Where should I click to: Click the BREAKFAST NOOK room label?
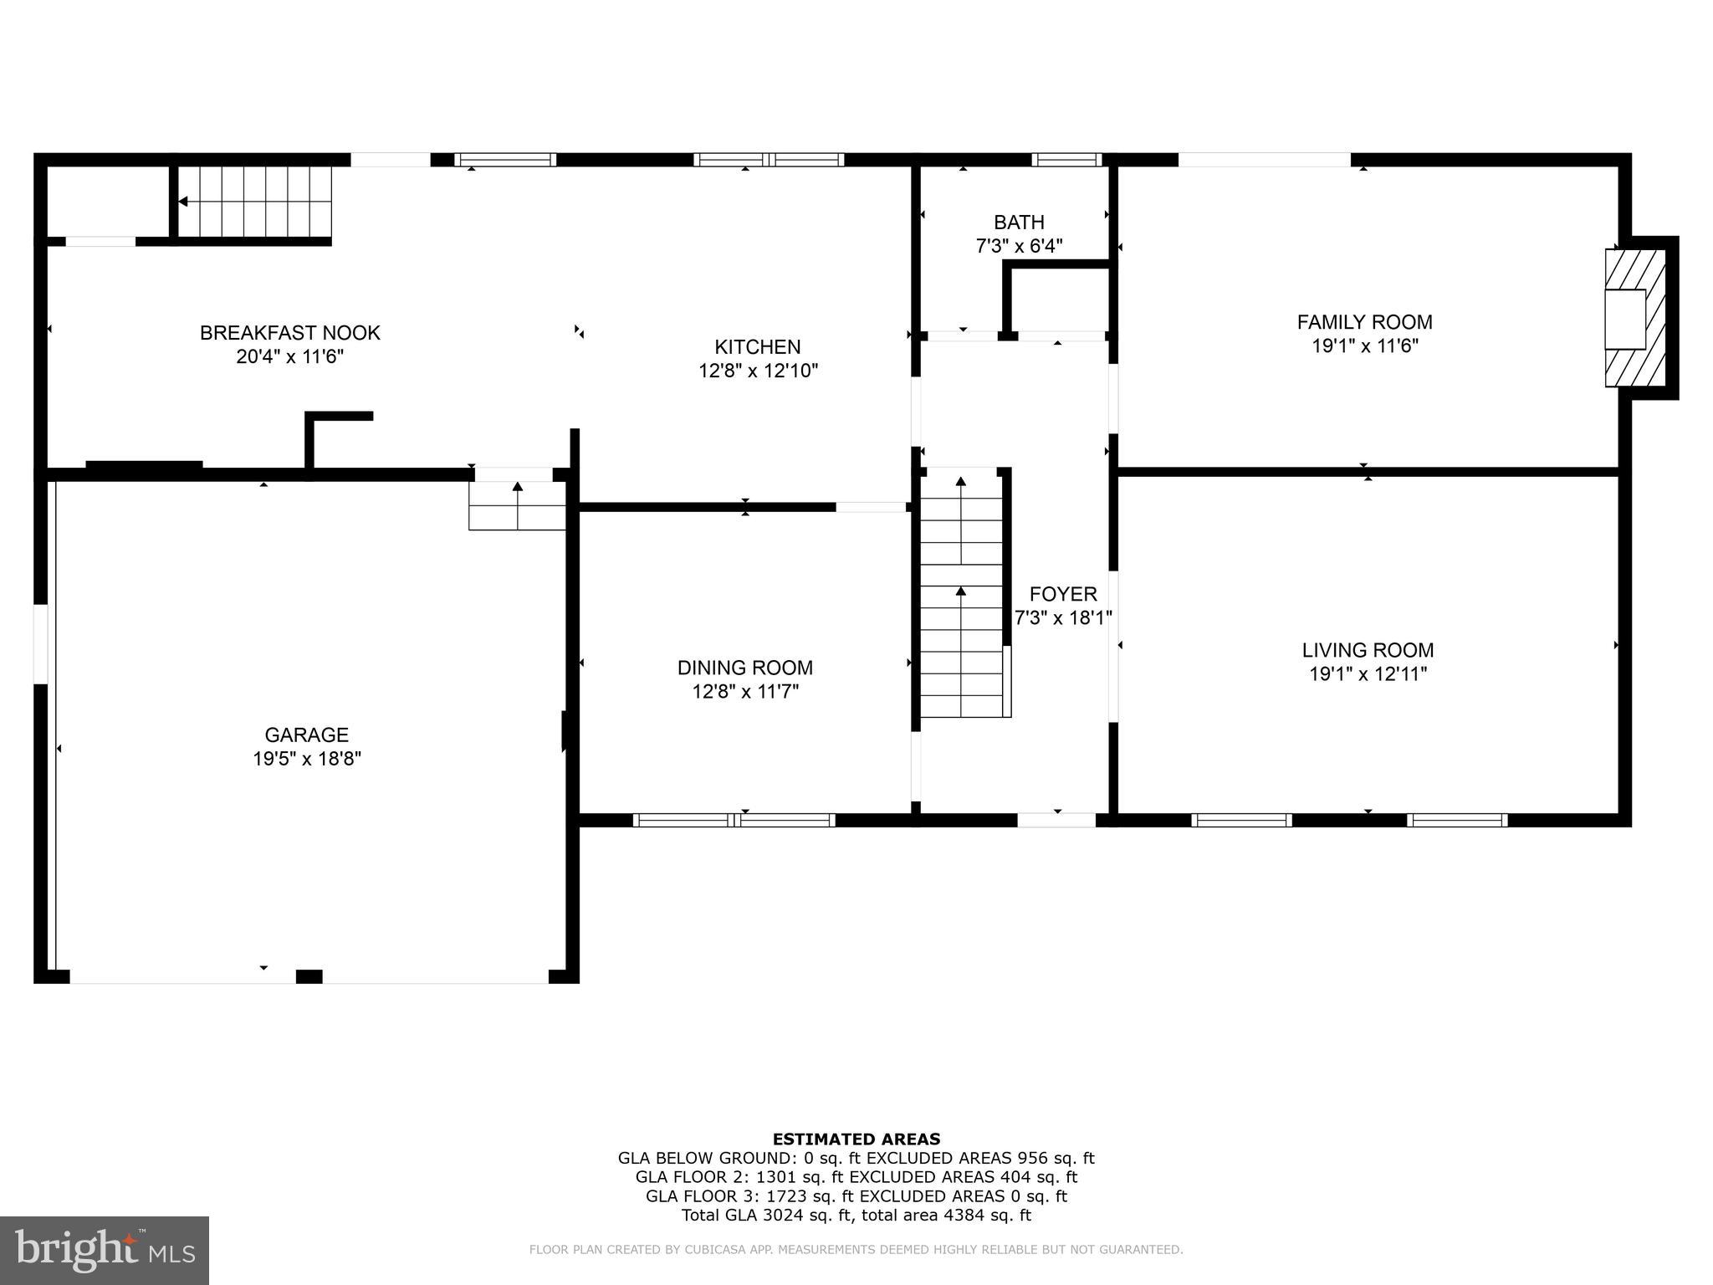tap(289, 333)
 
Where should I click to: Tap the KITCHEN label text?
tap(757, 346)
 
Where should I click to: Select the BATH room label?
tap(1019, 223)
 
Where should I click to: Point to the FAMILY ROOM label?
tap(1364, 322)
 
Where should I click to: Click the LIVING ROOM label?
tap(1368, 650)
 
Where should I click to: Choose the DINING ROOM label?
tap(744, 668)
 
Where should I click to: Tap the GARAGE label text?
tap(306, 735)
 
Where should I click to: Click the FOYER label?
tap(1062, 594)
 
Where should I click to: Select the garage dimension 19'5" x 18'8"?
tap(307, 759)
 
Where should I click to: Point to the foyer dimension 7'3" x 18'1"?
tap(1062, 618)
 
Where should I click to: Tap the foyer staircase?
tap(961, 594)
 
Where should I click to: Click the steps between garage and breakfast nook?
tap(517, 505)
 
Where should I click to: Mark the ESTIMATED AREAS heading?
tap(856, 1139)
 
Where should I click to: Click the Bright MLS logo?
tap(104, 1250)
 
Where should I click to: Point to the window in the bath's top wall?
tap(1066, 160)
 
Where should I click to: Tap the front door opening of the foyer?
tap(1056, 820)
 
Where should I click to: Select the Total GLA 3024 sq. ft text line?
tap(856, 1216)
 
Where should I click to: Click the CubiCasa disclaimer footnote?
tap(856, 1250)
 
